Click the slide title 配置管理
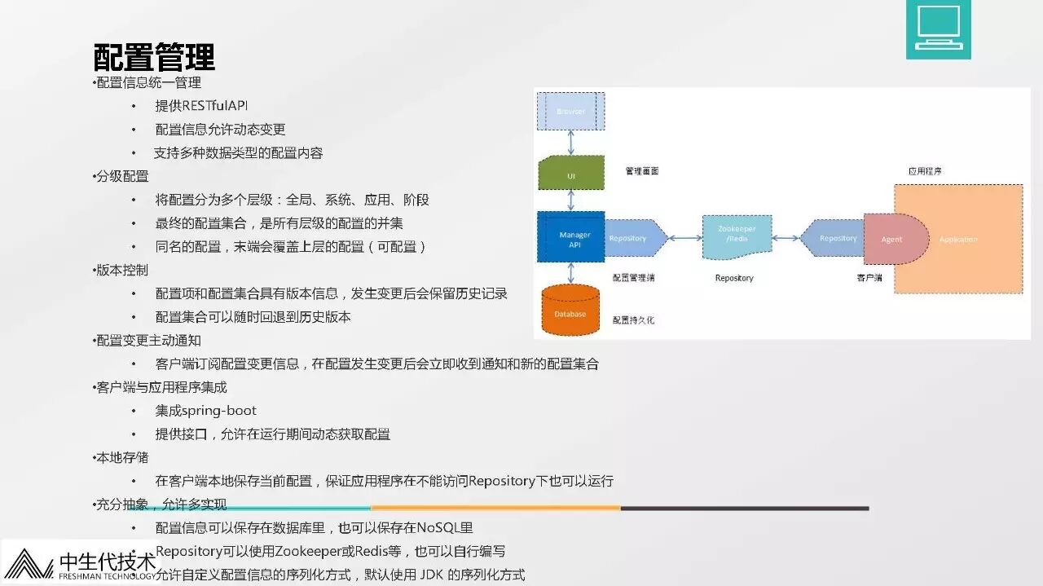154,56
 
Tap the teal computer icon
938,29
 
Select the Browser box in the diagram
570,111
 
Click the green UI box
570,174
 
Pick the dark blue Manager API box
570,237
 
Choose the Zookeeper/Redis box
737,237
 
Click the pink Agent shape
893,239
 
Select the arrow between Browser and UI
570,142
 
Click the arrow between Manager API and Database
570,273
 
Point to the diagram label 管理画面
642,171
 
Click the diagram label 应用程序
925,171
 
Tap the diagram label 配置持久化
633,320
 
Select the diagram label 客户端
868,278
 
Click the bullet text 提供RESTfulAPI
201,106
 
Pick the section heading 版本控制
122,270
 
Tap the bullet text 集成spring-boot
206,411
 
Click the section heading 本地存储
122,458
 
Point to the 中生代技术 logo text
107,562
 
